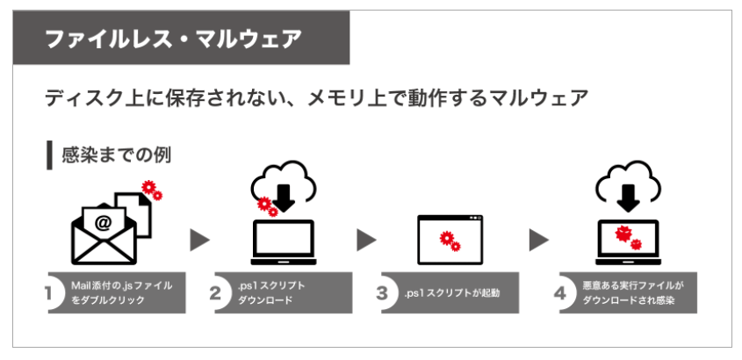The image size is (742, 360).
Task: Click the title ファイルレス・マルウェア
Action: coord(173,38)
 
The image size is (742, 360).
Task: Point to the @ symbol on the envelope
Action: coord(104,223)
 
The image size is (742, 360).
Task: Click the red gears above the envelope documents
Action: coord(151,190)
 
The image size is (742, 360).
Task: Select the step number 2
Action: coord(214,294)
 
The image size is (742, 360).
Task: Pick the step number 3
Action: coord(381,294)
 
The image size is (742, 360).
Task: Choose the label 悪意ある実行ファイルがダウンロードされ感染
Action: coord(637,293)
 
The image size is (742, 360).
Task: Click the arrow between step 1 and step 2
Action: coord(200,240)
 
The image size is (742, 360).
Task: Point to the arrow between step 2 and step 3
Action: coord(365,240)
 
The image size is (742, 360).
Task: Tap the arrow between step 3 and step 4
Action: coord(538,240)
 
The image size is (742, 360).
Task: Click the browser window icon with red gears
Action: coord(450,239)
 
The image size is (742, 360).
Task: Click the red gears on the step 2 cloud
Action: coord(267,206)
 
